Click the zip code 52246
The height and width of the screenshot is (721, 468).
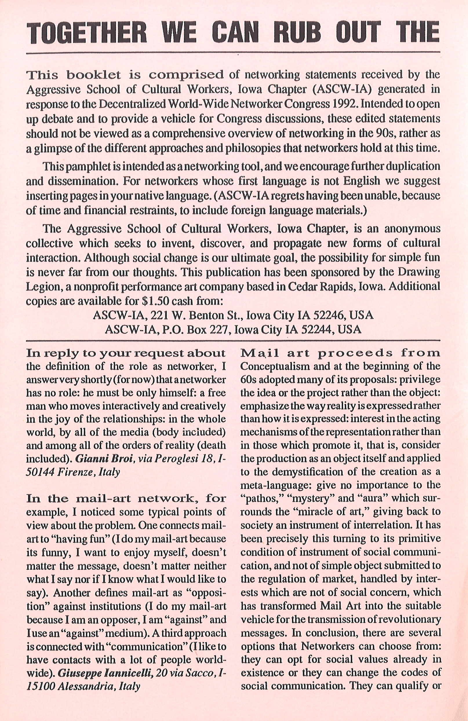pos(327,315)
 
